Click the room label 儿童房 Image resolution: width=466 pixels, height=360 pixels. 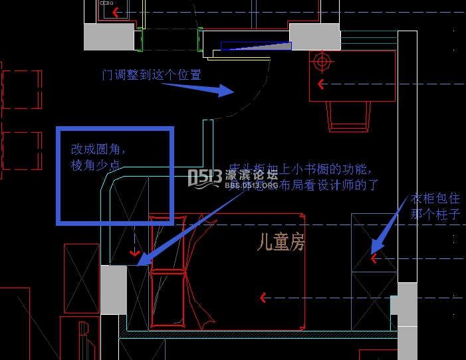point(281,243)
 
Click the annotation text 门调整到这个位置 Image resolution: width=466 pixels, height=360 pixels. point(151,74)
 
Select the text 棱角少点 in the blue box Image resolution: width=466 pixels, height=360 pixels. point(97,165)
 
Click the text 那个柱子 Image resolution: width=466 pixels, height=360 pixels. point(435,214)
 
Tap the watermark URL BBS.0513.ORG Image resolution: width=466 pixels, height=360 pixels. point(251,186)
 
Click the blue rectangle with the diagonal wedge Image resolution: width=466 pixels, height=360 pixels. point(256,46)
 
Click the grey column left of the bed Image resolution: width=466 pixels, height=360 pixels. point(113,290)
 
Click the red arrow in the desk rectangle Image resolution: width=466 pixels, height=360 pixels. point(322,84)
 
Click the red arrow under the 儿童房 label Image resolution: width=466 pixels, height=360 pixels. point(264,298)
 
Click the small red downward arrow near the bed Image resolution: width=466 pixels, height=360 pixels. point(136,252)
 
